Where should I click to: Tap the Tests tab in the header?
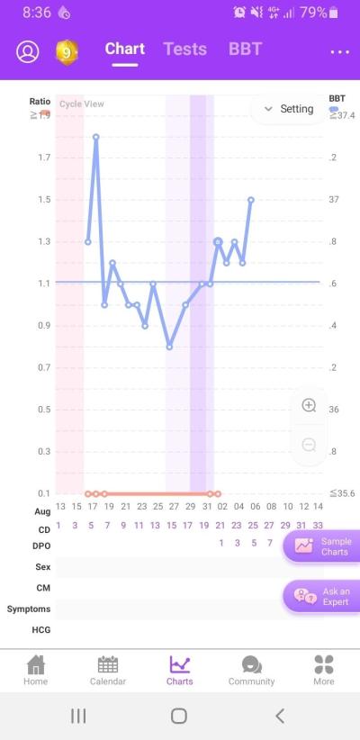point(185,50)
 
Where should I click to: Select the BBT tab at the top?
point(245,50)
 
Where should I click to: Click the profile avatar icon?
point(28,51)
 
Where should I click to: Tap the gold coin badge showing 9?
point(67,52)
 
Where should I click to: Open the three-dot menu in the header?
point(339,52)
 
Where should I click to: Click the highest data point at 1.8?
point(95,137)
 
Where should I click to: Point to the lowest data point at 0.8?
point(169,347)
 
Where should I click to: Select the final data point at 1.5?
point(251,200)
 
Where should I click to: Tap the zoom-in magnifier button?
point(309,405)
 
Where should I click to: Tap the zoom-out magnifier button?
point(309,445)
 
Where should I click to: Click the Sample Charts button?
point(322,546)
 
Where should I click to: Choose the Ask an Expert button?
point(322,597)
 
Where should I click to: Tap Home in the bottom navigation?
point(36,670)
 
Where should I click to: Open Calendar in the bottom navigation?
point(108,670)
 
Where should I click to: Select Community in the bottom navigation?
point(251,670)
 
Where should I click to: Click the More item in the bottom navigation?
point(324,670)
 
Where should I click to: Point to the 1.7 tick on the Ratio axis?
point(44,158)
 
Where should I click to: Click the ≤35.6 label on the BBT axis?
point(342,493)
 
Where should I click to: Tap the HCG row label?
point(41,630)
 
